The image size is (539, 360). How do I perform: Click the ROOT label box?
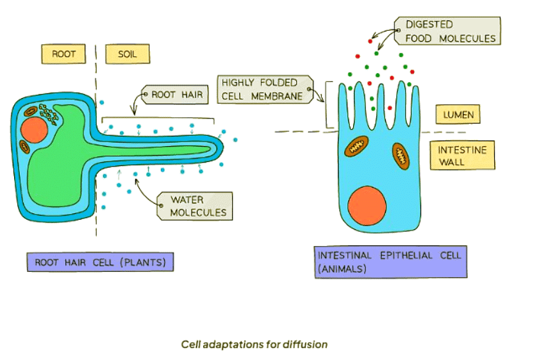64,54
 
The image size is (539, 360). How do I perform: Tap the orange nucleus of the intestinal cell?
367,206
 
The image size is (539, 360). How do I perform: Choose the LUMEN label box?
458,115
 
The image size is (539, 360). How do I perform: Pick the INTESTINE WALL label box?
462,156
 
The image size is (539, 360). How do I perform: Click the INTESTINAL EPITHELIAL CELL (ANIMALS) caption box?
390,262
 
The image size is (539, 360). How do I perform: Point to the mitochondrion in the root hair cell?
24,146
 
